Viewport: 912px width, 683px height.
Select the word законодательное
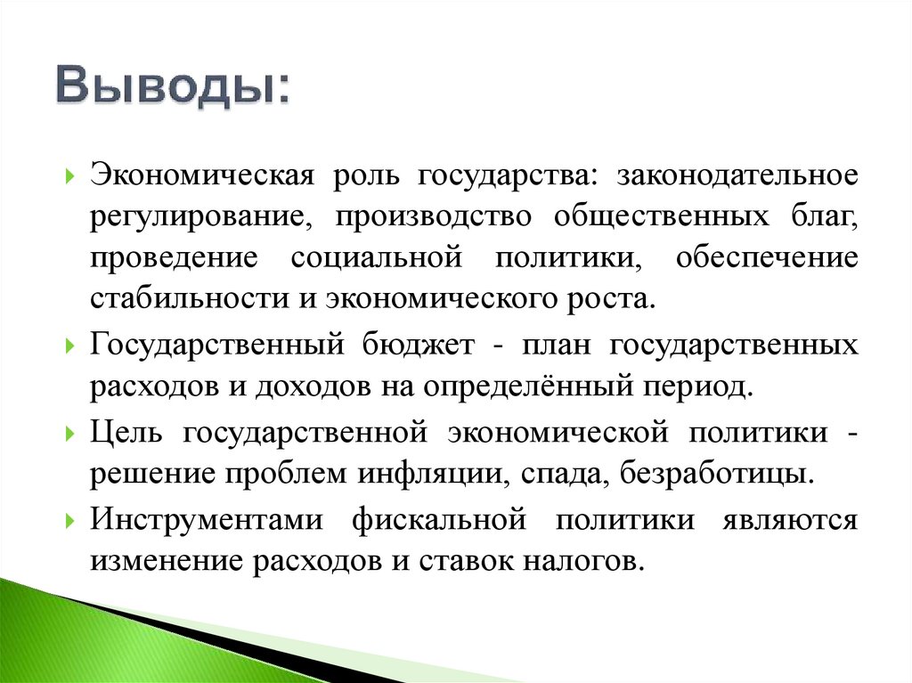point(721,174)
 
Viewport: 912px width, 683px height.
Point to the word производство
point(434,216)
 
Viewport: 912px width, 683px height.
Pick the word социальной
point(377,258)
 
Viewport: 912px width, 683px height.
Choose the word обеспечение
point(767,258)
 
